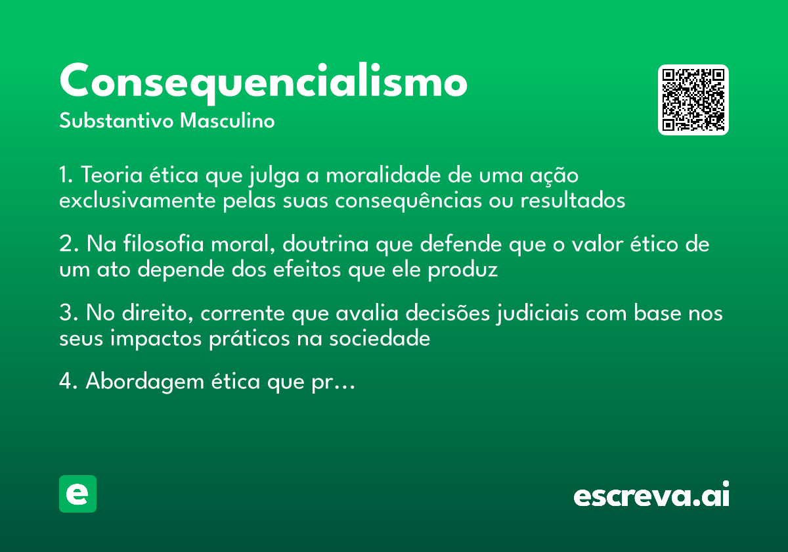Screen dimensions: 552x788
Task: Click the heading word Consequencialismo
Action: (x=263, y=83)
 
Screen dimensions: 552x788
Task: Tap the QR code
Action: (x=693, y=100)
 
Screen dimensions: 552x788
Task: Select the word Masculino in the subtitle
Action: (x=227, y=122)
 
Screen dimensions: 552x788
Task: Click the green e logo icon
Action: (x=77, y=494)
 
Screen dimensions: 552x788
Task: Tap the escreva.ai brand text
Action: (x=651, y=495)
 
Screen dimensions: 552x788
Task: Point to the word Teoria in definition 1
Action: (x=108, y=176)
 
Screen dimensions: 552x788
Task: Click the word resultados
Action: (x=573, y=200)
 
